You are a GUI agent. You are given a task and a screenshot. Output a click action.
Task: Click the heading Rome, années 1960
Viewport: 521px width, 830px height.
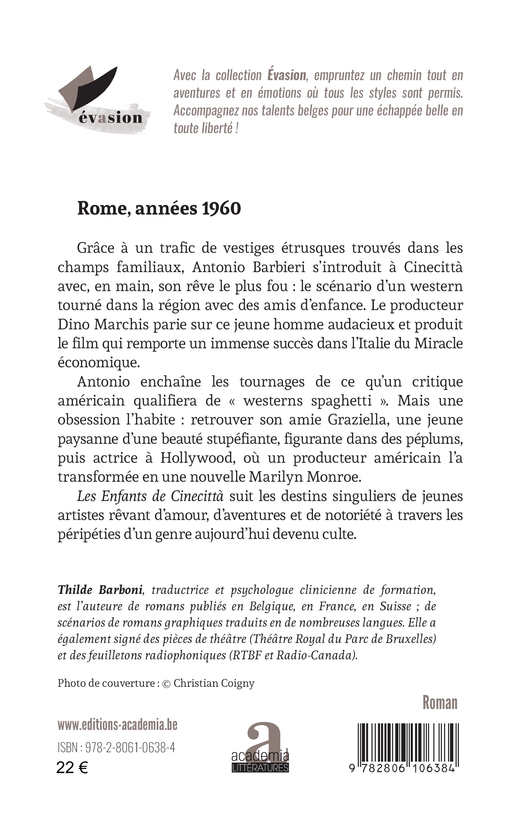click(x=159, y=208)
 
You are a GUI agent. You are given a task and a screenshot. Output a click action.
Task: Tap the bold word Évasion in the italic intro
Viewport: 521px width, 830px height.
click(x=287, y=76)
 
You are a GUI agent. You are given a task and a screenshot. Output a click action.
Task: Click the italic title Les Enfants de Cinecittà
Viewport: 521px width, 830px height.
click(x=150, y=496)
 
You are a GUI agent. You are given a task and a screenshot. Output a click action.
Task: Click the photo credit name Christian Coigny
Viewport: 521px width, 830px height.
click(x=214, y=683)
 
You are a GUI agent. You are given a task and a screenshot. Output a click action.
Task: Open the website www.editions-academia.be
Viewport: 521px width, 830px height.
click(x=117, y=725)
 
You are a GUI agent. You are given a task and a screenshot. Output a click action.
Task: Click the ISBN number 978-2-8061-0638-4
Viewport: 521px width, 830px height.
click(x=130, y=748)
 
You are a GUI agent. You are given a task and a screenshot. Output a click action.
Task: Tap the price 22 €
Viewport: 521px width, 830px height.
click(x=72, y=768)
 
